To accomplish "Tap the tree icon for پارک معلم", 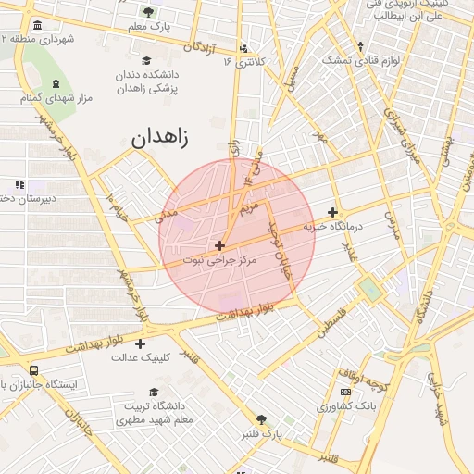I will click(149, 12).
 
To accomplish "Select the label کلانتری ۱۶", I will click(244, 62).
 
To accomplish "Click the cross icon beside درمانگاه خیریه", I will click(332, 212).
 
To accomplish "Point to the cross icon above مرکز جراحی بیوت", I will click(219, 245).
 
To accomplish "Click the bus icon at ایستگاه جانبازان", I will click(34, 370).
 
